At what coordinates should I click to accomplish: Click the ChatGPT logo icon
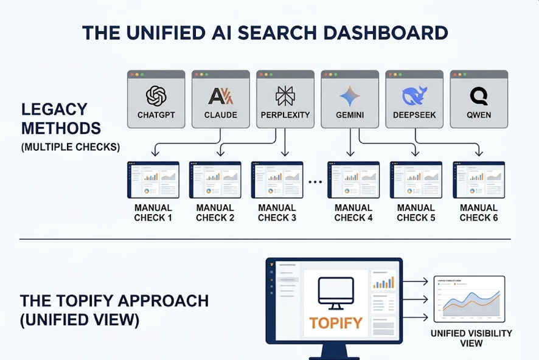coord(156,96)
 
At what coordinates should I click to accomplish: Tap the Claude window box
coord(220,100)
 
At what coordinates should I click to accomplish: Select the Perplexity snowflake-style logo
coord(285,96)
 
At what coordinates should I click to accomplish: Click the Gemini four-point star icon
coord(349,96)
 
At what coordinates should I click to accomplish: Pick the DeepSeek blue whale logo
coord(414,96)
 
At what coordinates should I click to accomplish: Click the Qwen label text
coord(479,114)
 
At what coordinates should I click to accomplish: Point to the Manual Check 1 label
coord(153,212)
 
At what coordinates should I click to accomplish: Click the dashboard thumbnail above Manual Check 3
coord(277,179)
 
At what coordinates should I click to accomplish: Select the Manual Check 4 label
coord(353,212)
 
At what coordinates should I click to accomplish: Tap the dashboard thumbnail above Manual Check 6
coord(479,179)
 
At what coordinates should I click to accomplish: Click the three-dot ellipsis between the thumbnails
coord(315,181)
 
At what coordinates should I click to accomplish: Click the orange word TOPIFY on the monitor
coord(336,323)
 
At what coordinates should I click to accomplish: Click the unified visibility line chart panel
coord(469,299)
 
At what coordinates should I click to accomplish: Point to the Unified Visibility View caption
coord(471,338)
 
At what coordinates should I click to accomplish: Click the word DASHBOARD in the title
coord(384,33)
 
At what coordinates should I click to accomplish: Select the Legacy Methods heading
coord(61,119)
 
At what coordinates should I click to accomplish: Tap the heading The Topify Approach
coord(114,300)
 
